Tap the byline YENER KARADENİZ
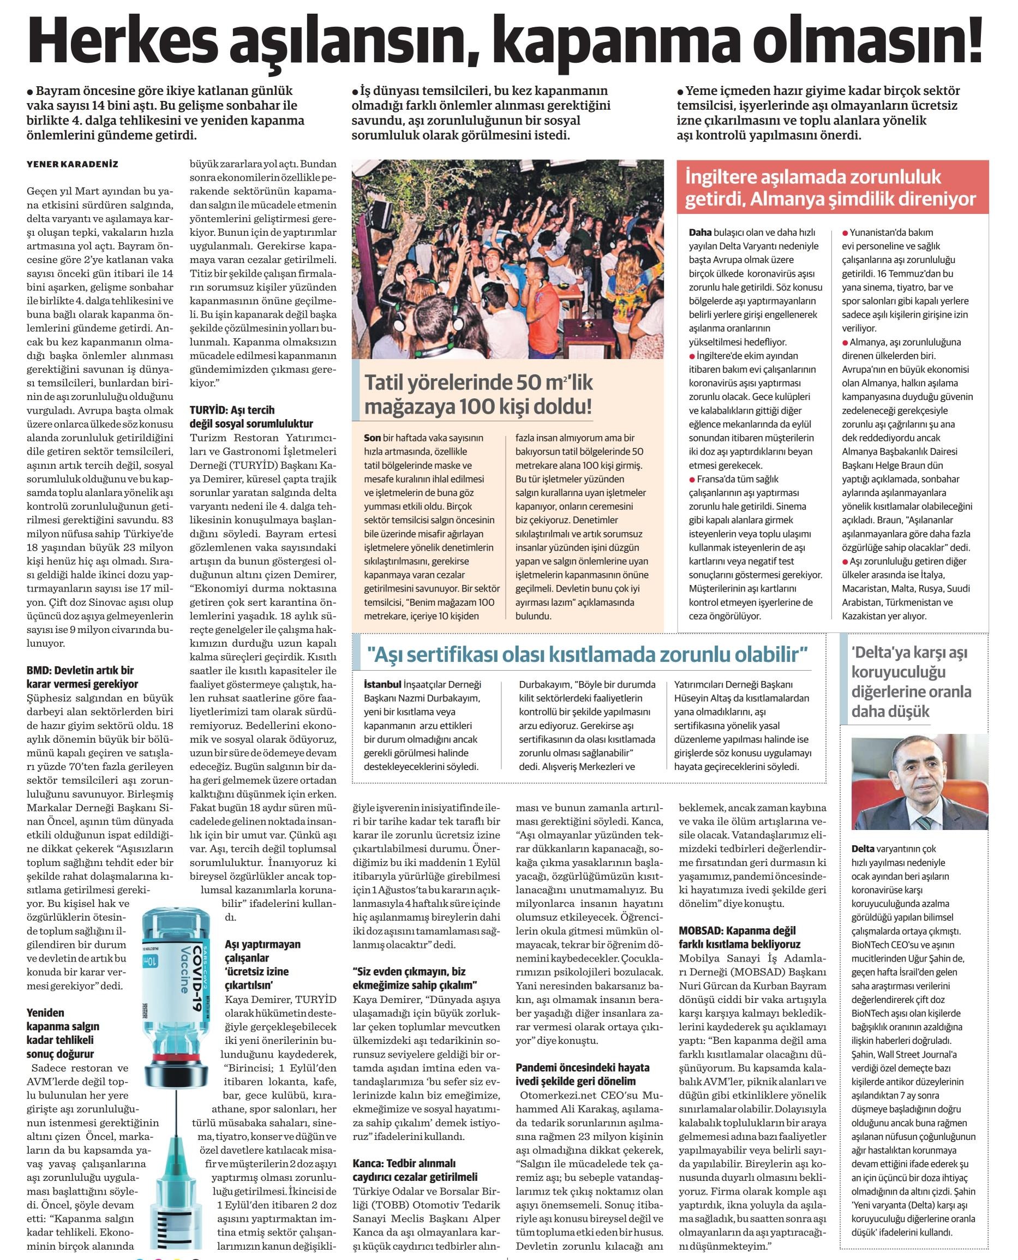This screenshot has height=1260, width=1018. coord(72,164)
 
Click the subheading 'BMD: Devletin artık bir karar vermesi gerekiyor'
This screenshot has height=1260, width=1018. coord(83,676)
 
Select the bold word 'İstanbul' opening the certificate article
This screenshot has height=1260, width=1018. coord(382,684)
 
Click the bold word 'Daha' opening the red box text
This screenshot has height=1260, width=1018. coord(700,232)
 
